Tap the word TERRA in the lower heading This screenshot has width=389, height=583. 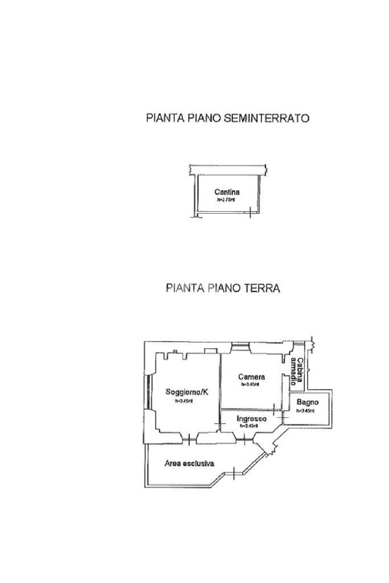tap(261, 288)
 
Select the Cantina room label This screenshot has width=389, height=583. tap(227, 192)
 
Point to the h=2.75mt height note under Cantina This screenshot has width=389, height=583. tap(227, 200)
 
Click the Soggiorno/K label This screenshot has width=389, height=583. tap(187, 392)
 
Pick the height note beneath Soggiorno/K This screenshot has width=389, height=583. tap(184, 401)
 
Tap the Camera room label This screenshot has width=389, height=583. tap(251, 377)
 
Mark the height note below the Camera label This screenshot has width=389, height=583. tap(250, 385)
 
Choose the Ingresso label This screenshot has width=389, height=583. tap(251, 418)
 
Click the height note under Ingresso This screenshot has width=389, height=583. tap(249, 426)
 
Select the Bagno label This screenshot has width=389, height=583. tap(307, 403)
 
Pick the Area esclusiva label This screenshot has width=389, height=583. tap(189, 463)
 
